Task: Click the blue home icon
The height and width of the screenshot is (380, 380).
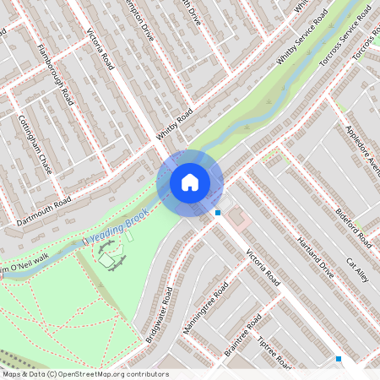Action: click(x=190, y=182)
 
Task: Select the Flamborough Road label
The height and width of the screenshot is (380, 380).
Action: click(x=57, y=73)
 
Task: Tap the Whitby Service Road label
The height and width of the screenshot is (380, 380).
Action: click(x=301, y=37)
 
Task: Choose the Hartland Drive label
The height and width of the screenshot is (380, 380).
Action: click(x=315, y=258)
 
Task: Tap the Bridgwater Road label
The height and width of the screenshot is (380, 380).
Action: click(x=159, y=313)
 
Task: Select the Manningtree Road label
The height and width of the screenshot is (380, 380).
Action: click(x=205, y=308)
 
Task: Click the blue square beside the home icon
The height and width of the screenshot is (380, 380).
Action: click(x=218, y=213)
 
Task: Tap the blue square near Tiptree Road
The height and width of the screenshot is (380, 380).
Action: click(x=339, y=359)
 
